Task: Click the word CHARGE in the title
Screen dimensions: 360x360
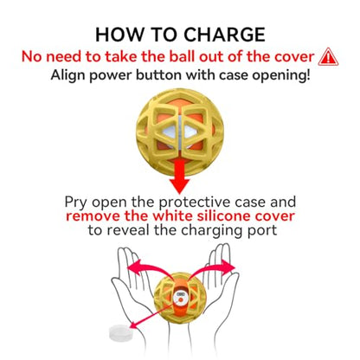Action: point(224,35)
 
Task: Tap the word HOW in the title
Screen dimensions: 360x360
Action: point(119,35)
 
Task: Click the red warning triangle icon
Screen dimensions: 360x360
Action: point(328,56)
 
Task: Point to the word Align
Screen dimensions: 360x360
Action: point(67,75)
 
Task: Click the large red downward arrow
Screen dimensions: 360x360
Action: point(179,177)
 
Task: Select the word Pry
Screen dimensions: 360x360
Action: point(75,202)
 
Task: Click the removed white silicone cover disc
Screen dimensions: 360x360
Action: point(121,333)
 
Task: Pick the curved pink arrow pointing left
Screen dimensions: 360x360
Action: point(150,270)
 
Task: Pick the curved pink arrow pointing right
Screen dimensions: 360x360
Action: point(212,269)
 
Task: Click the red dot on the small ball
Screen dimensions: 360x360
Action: point(181,300)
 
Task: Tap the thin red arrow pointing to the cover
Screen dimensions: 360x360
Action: point(153,315)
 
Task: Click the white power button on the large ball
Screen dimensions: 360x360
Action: point(179,132)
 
